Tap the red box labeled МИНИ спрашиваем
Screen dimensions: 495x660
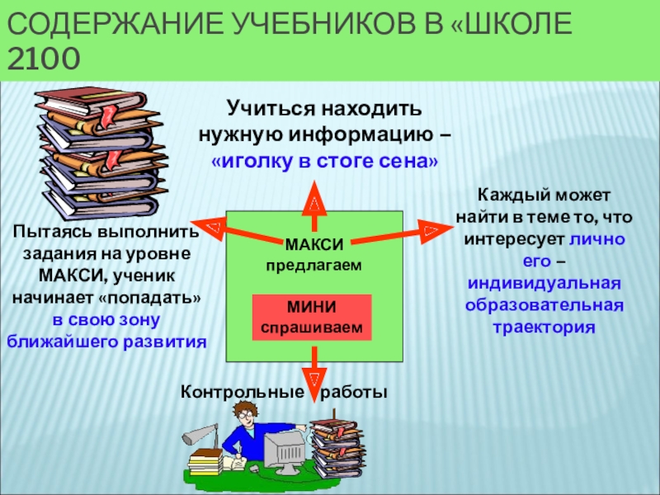pyautogui.click(x=312, y=318)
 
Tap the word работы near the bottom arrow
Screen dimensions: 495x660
pyautogui.click(x=354, y=392)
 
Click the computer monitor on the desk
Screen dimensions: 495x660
pyautogui.click(x=286, y=447)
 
